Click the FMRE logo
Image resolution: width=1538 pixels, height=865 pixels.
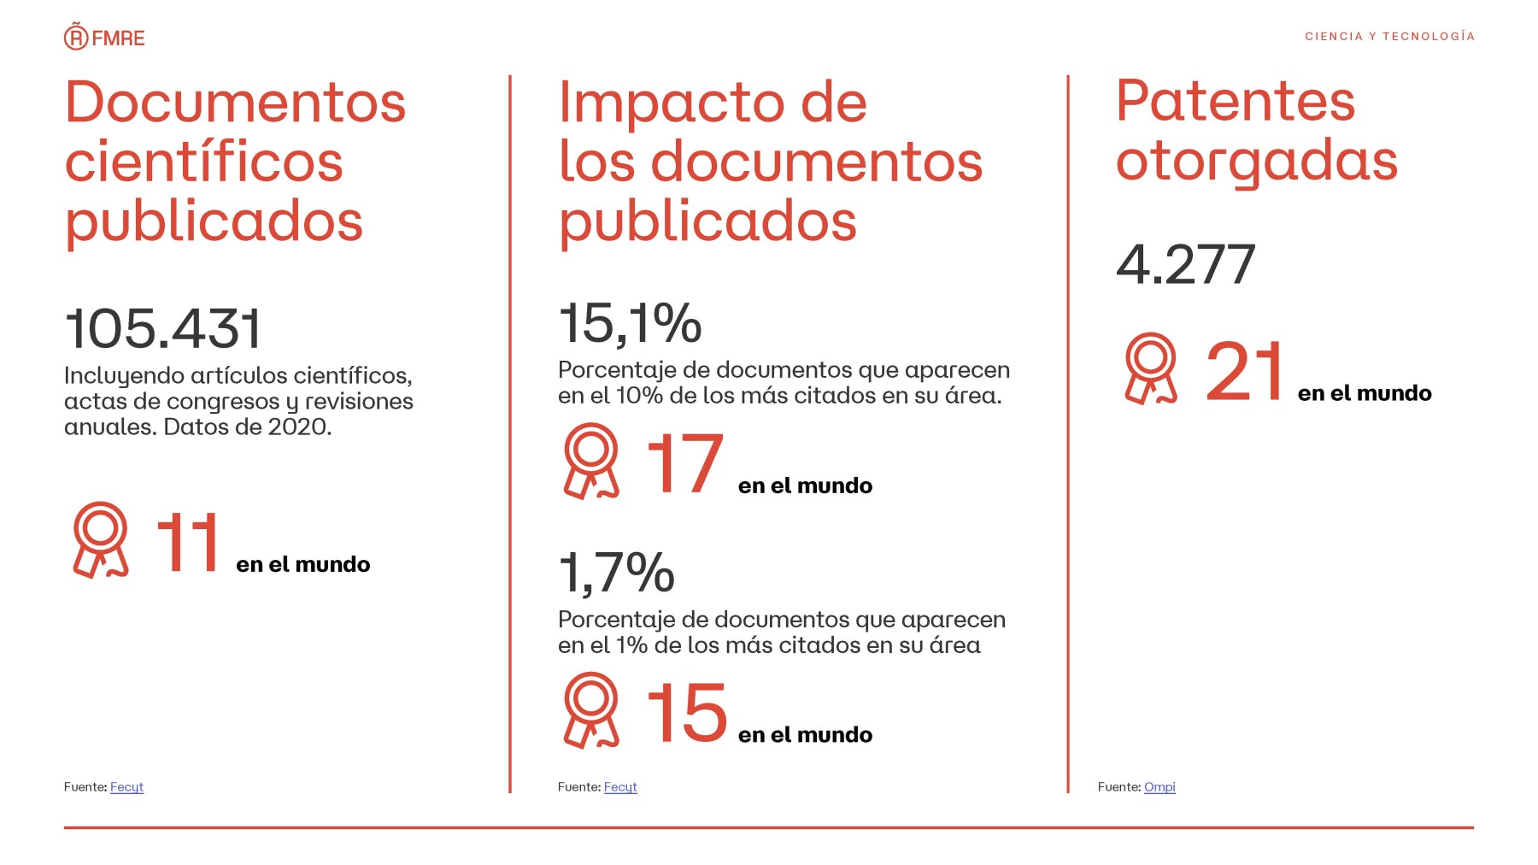click(104, 38)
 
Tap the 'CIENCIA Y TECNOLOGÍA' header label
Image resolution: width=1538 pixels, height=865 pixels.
click(1389, 36)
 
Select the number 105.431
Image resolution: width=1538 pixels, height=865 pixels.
click(163, 329)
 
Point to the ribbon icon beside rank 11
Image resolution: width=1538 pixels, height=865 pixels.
click(101, 540)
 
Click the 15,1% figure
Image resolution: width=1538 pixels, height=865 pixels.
click(630, 324)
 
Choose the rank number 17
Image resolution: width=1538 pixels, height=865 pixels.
click(684, 463)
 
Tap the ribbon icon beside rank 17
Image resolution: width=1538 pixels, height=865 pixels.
click(590, 462)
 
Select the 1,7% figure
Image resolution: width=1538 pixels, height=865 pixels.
click(616, 573)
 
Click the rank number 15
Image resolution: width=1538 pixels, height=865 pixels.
click(686, 713)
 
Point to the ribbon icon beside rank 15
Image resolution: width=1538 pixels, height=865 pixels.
click(590, 711)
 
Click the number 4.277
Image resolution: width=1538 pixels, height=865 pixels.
click(1185, 265)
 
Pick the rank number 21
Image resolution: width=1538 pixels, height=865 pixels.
click(1244, 371)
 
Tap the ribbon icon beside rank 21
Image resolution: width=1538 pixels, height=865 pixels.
click(1151, 369)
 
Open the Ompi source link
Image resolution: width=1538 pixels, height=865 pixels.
click(1159, 787)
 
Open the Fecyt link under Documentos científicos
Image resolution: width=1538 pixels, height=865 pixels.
click(126, 787)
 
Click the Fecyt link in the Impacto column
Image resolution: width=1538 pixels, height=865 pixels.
click(620, 787)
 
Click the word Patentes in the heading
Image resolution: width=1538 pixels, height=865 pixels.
click(1236, 102)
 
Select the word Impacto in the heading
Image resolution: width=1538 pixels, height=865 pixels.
click(672, 103)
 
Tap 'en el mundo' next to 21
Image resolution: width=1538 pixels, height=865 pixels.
click(1365, 393)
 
